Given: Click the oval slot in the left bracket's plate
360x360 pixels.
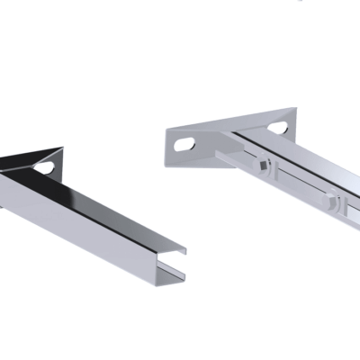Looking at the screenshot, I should pos(44,166).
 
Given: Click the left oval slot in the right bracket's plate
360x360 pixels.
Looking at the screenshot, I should pos(186,142).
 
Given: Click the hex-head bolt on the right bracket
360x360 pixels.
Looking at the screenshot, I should pos(336,205).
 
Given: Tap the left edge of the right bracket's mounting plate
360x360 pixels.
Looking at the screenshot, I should pos(168,144).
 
